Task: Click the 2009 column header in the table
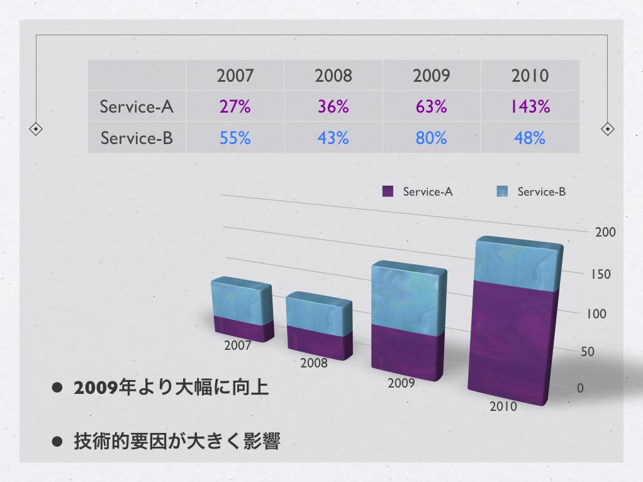(x=431, y=76)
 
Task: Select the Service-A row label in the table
(x=136, y=107)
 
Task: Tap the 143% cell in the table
(x=530, y=107)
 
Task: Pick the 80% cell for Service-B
(x=431, y=138)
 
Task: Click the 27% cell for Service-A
(x=235, y=107)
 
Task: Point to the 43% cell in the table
(x=333, y=138)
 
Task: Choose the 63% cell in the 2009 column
(x=431, y=107)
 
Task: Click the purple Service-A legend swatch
(x=388, y=191)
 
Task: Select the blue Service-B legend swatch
(x=502, y=191)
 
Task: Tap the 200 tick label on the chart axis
(x=605, y=232)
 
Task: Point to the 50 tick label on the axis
(x=587, y=352)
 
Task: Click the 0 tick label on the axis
(x=580, y=388)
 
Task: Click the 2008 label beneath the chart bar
(x=313, y=363)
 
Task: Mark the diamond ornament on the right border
(x=607, y=129)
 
